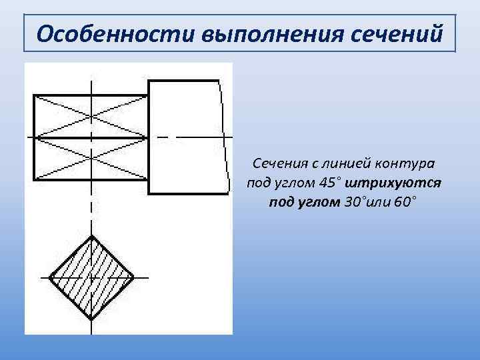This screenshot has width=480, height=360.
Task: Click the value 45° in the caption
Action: tap(329, 182)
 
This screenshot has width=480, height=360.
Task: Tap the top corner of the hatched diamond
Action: tap(92, 235)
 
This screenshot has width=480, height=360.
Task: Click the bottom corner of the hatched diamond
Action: tap(92, 318)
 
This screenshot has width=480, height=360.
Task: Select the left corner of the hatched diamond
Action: tap(50, 277)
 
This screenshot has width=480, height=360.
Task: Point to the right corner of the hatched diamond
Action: tap(133, 277)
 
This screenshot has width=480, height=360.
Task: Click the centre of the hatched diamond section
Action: tap(92, 277)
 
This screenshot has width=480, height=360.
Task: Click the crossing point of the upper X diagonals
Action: tap(91, 117)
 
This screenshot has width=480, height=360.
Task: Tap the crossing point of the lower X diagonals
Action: tap(91, 159)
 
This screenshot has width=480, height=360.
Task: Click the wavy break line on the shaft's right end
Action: tap(223, 137)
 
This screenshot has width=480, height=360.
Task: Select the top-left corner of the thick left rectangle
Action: tap(35, 95)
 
